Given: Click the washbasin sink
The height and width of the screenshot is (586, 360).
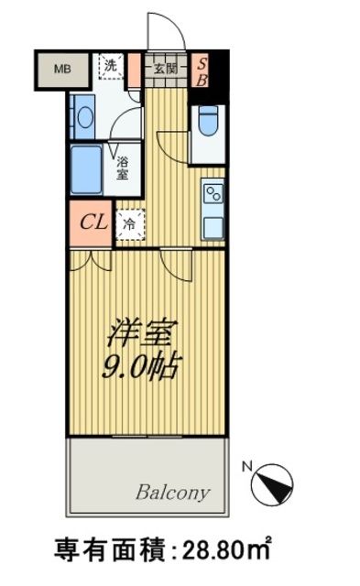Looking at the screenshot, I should click(x=84, y=117).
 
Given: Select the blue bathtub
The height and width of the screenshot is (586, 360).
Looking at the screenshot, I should click(x=86, y=167).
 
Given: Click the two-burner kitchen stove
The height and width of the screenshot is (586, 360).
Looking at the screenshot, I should click(x=213, y=194).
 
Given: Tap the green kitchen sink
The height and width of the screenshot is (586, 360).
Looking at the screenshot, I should click(x=213, y=224).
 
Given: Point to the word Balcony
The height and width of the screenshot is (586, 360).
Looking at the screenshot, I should click(x=173, y=492).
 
